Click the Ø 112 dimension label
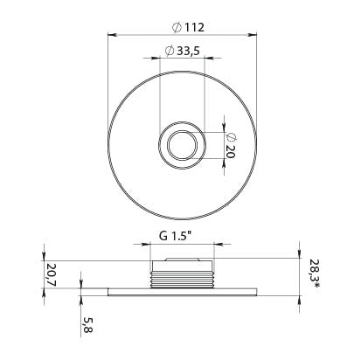pos(188,27)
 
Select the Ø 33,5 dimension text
pos(182,51)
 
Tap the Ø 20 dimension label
pos(230,145)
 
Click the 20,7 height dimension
pos(51,274)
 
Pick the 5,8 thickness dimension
pos(87,325)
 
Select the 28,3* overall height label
pos(315,273)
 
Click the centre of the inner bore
pos(182,145)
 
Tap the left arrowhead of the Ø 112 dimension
pos(112,35)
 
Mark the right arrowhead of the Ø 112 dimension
pos(253,35)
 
